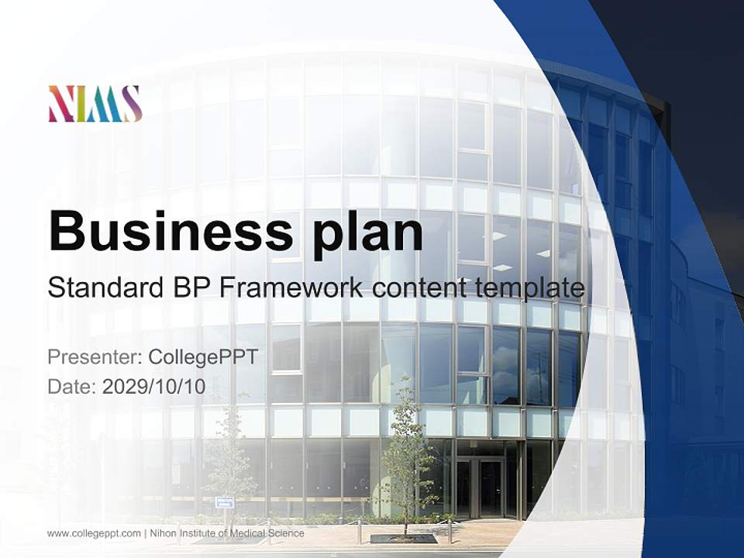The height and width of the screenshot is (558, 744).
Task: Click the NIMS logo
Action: click(95, 103)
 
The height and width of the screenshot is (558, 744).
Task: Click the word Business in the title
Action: click(170, 231)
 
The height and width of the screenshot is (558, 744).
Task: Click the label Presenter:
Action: click(95, 356)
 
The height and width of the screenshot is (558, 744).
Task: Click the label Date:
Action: click(72, 387)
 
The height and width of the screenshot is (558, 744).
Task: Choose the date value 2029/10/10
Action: click(153, 387)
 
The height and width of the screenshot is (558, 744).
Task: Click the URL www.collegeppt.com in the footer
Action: click(94, 533)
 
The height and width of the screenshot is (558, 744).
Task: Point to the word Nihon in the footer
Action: click(163, 533)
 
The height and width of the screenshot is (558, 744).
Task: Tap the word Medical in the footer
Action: click(248, 533)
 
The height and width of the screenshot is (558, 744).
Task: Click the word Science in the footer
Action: click(286, 533)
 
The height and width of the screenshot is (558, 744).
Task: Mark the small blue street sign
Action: click(224, 502)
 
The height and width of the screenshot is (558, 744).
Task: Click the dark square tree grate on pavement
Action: click(403, 538)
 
